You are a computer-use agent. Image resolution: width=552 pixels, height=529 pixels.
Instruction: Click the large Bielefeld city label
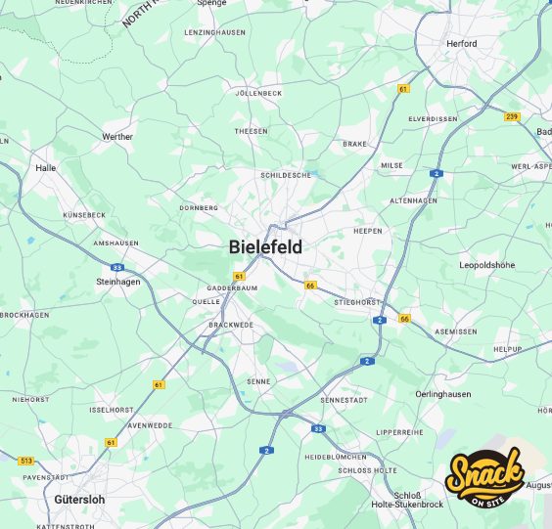pos(265,247)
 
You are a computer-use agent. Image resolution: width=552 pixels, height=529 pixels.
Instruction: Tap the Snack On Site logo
pos(484,480)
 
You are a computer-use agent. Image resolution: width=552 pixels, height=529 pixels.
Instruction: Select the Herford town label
pos(461,44)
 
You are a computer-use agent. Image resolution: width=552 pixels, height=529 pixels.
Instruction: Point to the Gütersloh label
pos(79,499)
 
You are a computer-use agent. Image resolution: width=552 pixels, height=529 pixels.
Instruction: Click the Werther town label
pos(117,137)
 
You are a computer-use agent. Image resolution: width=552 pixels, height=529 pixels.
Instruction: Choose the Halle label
pos(46,167)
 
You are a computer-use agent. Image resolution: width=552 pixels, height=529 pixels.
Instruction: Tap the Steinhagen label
pos(118,283)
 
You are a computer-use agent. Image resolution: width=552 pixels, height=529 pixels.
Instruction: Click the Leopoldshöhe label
pos(486,265)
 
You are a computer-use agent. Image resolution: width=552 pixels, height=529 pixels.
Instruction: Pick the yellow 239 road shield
pos(512,116)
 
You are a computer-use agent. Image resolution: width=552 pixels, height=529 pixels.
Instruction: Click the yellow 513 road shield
pos(26,461)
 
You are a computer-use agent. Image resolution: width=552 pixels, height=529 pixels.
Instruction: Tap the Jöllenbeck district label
pos(258,93)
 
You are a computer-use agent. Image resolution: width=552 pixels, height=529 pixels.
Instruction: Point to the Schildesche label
pos(286,175)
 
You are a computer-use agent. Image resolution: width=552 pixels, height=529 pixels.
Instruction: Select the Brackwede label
pos(231,324)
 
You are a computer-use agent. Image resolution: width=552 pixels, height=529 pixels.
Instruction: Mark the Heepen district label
pos(367,231)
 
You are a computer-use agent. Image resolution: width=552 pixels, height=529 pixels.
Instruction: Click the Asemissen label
pos(455,331)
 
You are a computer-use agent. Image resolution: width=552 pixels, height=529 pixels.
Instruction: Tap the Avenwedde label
pos(150,425)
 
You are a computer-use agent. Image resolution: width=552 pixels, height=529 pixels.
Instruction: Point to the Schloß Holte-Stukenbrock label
pos(407,500)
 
